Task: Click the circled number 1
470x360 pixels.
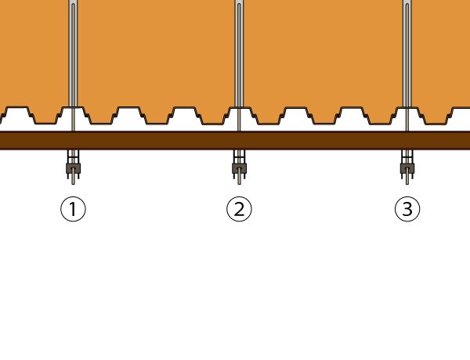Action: click(73, 209)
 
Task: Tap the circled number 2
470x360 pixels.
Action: click(239, 209)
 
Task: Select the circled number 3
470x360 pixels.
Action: click(407, 209)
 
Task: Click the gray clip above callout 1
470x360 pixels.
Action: click(73, 167)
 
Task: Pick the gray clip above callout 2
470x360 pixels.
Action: click(239, 167)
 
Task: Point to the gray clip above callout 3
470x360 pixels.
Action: click(407, 167)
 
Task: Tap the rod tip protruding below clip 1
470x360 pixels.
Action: click(73, 179)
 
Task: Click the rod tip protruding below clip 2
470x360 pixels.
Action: click(239, 179)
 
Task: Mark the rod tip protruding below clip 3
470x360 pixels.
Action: click(407, 179)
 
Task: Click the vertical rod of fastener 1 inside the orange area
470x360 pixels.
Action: click(73, 55)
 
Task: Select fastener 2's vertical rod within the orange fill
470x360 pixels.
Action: click(239, 55)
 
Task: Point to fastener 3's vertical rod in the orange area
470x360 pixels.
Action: click(407, 55)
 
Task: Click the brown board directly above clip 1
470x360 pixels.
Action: click(73, 140)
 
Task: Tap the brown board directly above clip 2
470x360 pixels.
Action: click(239, 140)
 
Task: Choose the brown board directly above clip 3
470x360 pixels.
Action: click(407, 140)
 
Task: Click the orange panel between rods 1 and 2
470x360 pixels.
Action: click(157, 55)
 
